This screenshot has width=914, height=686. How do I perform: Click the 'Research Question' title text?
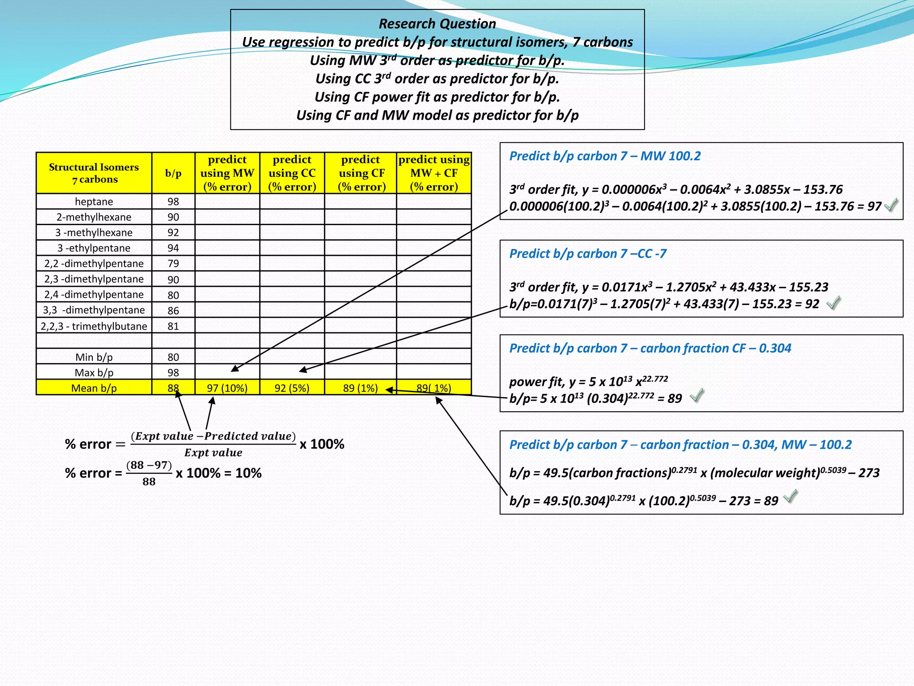(437, 24)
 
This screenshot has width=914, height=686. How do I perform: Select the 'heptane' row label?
(94, 201)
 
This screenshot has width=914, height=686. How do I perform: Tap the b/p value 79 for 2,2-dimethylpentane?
(173, 264)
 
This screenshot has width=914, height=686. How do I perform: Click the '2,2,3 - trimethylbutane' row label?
(94, 326)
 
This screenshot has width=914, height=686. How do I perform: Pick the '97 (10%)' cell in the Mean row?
(227, 388)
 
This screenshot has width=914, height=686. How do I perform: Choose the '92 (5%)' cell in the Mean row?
(292, 388)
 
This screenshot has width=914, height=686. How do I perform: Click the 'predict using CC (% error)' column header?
(292, 173)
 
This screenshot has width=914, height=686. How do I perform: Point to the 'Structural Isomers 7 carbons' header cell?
(94, 173)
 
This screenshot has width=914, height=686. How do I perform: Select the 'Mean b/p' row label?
(94, 388)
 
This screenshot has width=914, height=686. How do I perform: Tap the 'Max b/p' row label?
(94, 372)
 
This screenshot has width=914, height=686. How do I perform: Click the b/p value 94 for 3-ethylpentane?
(173, 248)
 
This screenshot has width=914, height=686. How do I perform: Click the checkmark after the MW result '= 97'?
(891, 205)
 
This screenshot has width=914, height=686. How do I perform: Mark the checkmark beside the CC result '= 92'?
(833, 303)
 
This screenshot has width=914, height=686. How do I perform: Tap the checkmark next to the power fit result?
(697, 395)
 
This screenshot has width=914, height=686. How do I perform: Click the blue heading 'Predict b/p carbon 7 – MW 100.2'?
(605, 156)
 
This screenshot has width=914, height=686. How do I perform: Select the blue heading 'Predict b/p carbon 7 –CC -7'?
(588, 254)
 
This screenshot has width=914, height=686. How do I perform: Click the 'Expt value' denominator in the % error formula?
(213, 453)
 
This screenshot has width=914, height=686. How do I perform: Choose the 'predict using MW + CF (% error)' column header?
(434, 173)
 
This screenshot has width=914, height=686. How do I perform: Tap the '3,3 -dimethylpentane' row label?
(94, 310)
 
